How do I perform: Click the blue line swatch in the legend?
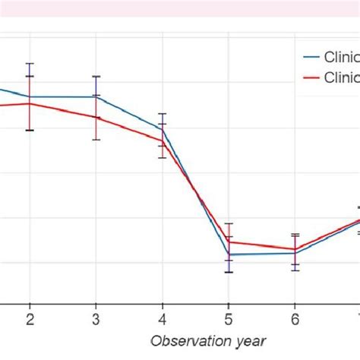pyautogui.click(x=311, y=56)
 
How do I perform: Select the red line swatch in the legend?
pyautogui.click(x=311, y=77)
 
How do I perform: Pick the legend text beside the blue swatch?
pyautogui.click(x=342, y=56)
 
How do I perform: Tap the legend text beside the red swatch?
pyautogui.click(x=342, y=77)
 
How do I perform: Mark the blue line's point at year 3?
pyautogui.click(x=96, y=96)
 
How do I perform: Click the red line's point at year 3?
pyautogui.click(x=96, y=117)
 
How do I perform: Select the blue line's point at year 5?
pyautogui.click(x=228, y=254)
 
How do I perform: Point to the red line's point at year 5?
pyautogui.click(x=228, y=242)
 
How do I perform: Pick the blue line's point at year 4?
pyautogui.click(x=162, y=128)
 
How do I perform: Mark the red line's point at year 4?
pyautogui.click(x=162, y=140)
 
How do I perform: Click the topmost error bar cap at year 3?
pyautogui.click(x=96, y=76)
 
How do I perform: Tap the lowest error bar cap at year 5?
pyautogui.click(x=228, y=272)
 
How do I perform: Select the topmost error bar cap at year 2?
pyautogui.click(x=30, y=63)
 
